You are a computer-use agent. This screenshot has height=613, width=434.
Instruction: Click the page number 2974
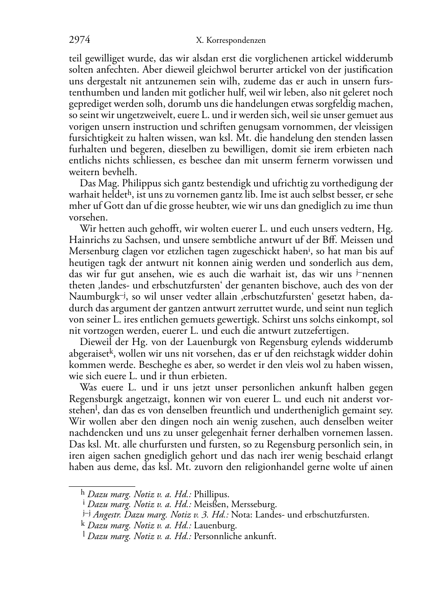coord(80,40)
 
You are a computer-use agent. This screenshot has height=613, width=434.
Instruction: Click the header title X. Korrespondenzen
coord(230,41)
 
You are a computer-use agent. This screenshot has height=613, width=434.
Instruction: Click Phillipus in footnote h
coord(211,494)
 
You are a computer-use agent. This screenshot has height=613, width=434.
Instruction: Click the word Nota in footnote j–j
coord(241,515)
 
